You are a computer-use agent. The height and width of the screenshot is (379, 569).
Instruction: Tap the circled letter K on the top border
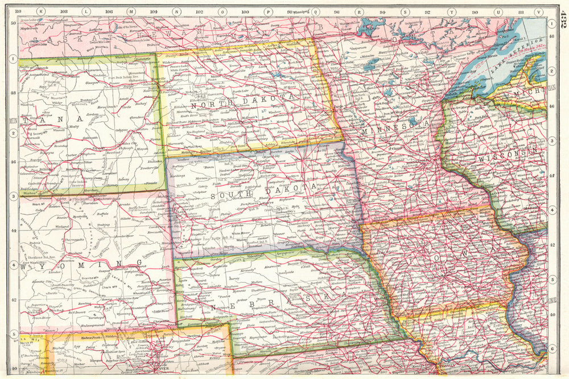coord(40,11)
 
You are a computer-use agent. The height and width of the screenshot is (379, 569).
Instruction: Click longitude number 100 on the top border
coord(245,11)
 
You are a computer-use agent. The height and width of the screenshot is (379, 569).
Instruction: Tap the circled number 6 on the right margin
coord(551,349)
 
